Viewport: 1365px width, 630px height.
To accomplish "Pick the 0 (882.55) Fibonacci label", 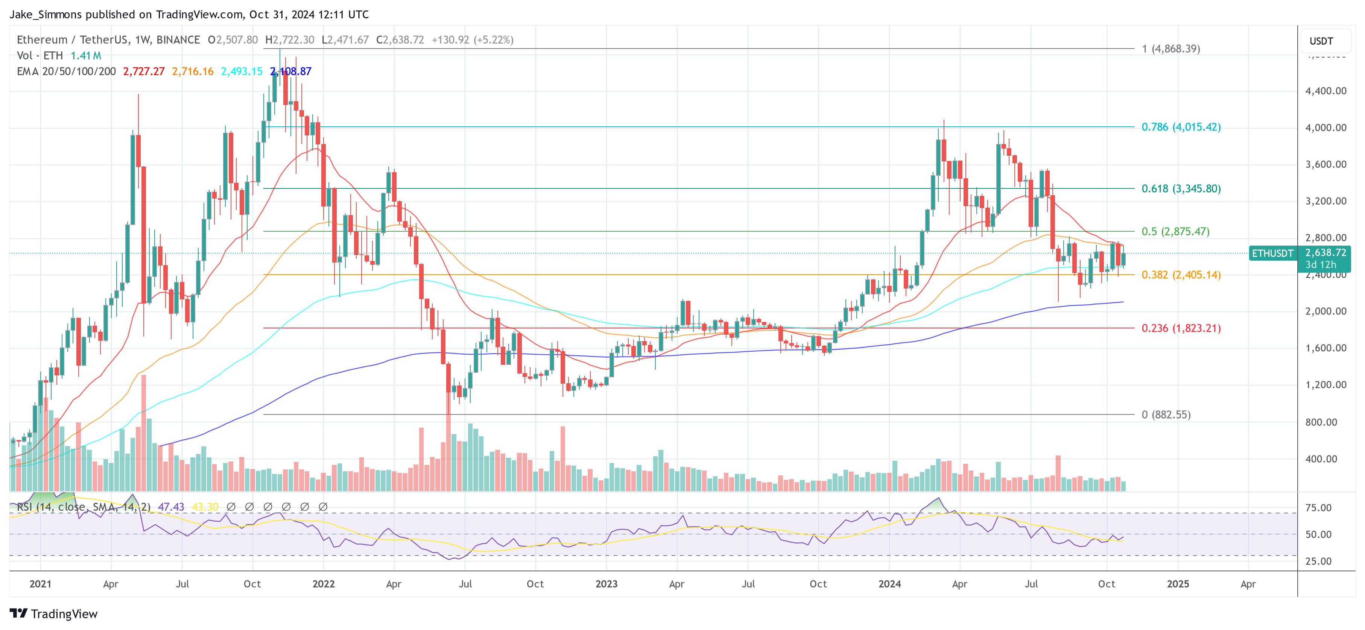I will pyautogui.click(x=1166, y=414).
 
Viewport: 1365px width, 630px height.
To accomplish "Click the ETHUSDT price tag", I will pyautogui.click(x=1272, y=253).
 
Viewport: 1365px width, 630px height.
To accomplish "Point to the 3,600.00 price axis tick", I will pyautogui.click(x=1325, y=164).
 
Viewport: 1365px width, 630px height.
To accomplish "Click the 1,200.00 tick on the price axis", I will pyautogui.click(x=1325, y=385).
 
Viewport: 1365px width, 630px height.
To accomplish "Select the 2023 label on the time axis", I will pyautogui.click(x=606, y=584).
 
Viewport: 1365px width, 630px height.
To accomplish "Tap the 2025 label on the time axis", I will pyautogui.click(x=1177, y=584).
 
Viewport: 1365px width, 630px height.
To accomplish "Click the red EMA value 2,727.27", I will pyautogui.click(x=144, y=71).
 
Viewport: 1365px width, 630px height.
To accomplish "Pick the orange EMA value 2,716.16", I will pyautogui.click(x=192, y=71).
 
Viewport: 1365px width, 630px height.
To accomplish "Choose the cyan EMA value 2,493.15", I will pyautogui.click(x=241, y=71).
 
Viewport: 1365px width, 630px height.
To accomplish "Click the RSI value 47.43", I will pyautogui.click(x=171, y=507).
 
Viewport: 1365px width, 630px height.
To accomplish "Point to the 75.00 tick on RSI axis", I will pyautogui.click(x=1318, y=508).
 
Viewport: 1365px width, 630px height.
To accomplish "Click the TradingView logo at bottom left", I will pyautogui.click(x=53, y=613).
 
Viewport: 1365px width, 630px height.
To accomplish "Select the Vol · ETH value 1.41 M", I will pyautogui.click(x=86, y=56).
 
